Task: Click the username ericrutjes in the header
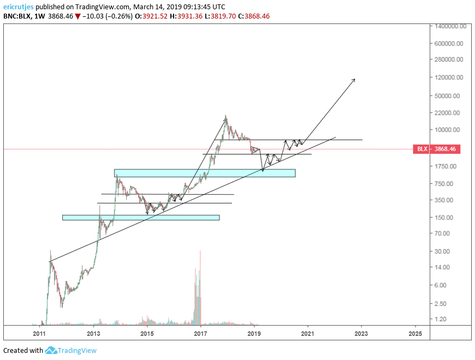click(18, 7)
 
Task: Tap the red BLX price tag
click(437, 149)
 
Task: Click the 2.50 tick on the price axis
click(440, 303)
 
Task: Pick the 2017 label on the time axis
click(200, 334)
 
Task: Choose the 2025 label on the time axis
click(415, 334)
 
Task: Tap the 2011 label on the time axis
click(39, 334)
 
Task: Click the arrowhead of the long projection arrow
click(354, 79)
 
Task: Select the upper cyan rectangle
click(205, 173)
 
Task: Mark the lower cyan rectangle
click(141, 218)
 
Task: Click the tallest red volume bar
click(200, 287)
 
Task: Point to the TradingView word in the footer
click(77, 351)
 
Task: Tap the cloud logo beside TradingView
click(51, 350)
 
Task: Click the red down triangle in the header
click(78, 17)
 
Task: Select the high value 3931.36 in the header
click(189, 16)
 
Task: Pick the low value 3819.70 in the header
click(223, 16)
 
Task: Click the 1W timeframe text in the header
click(39, 16)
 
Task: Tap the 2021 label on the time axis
click(307, 334)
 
